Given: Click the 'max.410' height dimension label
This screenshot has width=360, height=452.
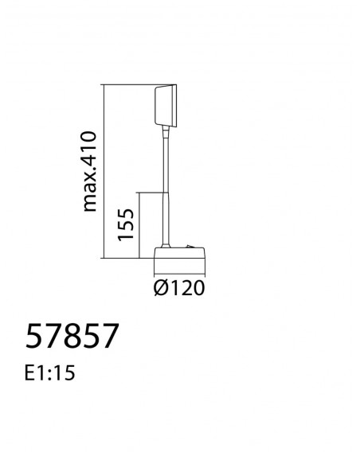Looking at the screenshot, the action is [x=89, y=172].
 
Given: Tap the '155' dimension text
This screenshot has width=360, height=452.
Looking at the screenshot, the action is [x=126, y=224].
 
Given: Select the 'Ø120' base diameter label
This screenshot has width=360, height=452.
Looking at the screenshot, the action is [x=179, y=288].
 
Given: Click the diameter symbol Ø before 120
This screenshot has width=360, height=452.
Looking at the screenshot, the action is [x=160, y=288].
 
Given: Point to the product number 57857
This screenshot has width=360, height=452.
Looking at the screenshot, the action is [x=72, y=336].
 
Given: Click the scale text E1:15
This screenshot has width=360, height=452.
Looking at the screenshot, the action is [x=49, y=372].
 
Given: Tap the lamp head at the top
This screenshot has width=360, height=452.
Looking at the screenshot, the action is [x=166, y=106].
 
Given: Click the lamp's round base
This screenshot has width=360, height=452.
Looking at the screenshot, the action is [x=179, y=253].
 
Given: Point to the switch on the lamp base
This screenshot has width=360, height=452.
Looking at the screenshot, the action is [x=190, y=247].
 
